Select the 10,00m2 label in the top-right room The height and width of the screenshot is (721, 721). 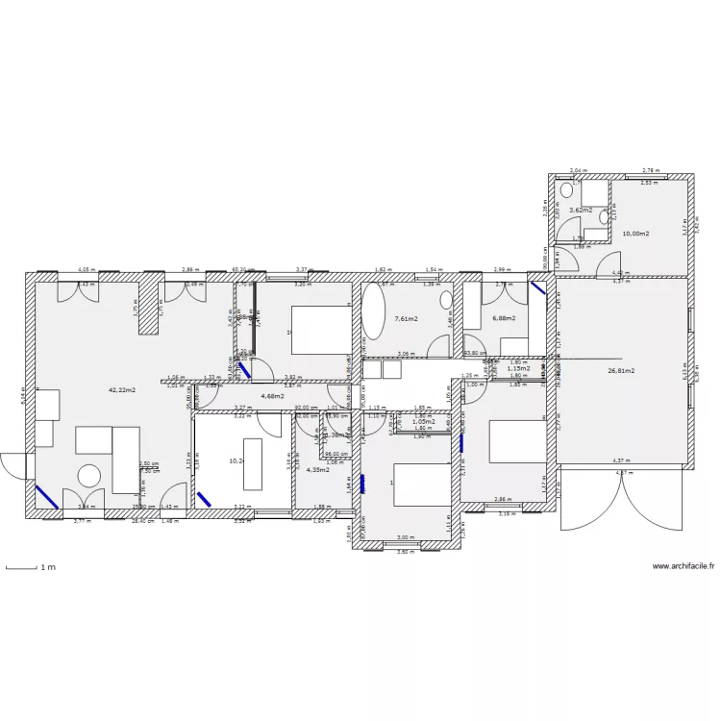coord(635,234)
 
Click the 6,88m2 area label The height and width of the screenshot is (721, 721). coord(504,318)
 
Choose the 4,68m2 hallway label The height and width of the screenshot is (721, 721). coord(273,395)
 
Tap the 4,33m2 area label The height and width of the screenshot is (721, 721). coord(317,470)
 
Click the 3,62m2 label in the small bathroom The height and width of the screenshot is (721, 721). coord(580,210)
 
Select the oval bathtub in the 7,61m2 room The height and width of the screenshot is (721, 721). coord(373,311)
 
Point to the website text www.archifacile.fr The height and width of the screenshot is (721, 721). coord(684,566)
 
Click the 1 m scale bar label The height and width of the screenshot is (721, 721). coord(47,568)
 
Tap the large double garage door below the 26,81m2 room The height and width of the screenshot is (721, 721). coord(622,500)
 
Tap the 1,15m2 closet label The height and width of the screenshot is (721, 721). coord(518,368)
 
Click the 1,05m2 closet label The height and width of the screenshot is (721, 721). coord(423,421)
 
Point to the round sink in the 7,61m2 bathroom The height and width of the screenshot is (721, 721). coord(447,301)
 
